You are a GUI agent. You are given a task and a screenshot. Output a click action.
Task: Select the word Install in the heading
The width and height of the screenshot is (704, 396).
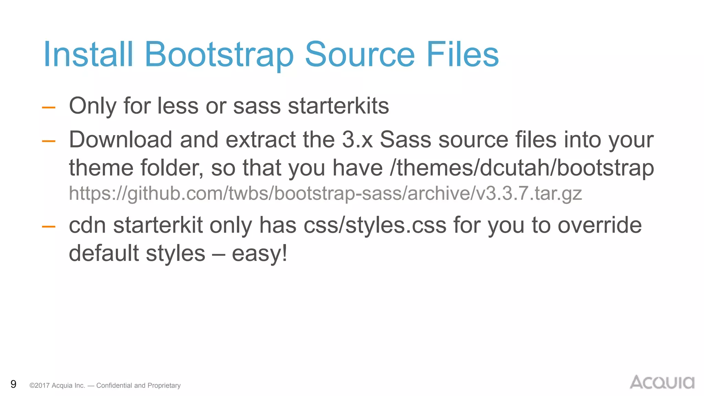(x=88, y=54)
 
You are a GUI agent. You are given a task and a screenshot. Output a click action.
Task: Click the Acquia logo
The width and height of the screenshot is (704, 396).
(x=662, y=382)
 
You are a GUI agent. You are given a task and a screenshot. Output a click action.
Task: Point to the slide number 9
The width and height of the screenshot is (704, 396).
(x=13, y=384)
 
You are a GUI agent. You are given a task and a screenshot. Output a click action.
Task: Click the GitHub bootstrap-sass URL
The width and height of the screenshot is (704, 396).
(x=325, y=193)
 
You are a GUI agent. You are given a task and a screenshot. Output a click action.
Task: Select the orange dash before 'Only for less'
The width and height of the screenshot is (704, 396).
(x=48, y=107)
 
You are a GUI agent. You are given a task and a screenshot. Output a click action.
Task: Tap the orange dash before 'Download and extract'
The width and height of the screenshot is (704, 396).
(x=48, y=141)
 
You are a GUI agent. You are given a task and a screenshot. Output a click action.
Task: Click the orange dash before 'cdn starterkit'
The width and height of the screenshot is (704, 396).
(x=48, y=226)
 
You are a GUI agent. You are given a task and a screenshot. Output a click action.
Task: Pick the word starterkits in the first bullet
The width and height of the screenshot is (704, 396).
(x=338, y=106)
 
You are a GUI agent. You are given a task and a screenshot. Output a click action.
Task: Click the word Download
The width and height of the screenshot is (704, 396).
(x=120, y=140)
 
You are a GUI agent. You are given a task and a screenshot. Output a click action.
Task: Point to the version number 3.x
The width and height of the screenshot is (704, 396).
(x=357, y=140)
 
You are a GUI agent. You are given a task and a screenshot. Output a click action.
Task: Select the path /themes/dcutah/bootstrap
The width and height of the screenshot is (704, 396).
(x=522, y=168)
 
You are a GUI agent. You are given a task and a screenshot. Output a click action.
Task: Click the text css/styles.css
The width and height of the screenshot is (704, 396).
(x=375, y=225)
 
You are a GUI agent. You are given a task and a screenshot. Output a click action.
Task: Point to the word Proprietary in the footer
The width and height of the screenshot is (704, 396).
(x=164, y=385)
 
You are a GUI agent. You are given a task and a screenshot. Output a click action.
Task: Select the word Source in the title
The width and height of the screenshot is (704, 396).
(x=360, y=54)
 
